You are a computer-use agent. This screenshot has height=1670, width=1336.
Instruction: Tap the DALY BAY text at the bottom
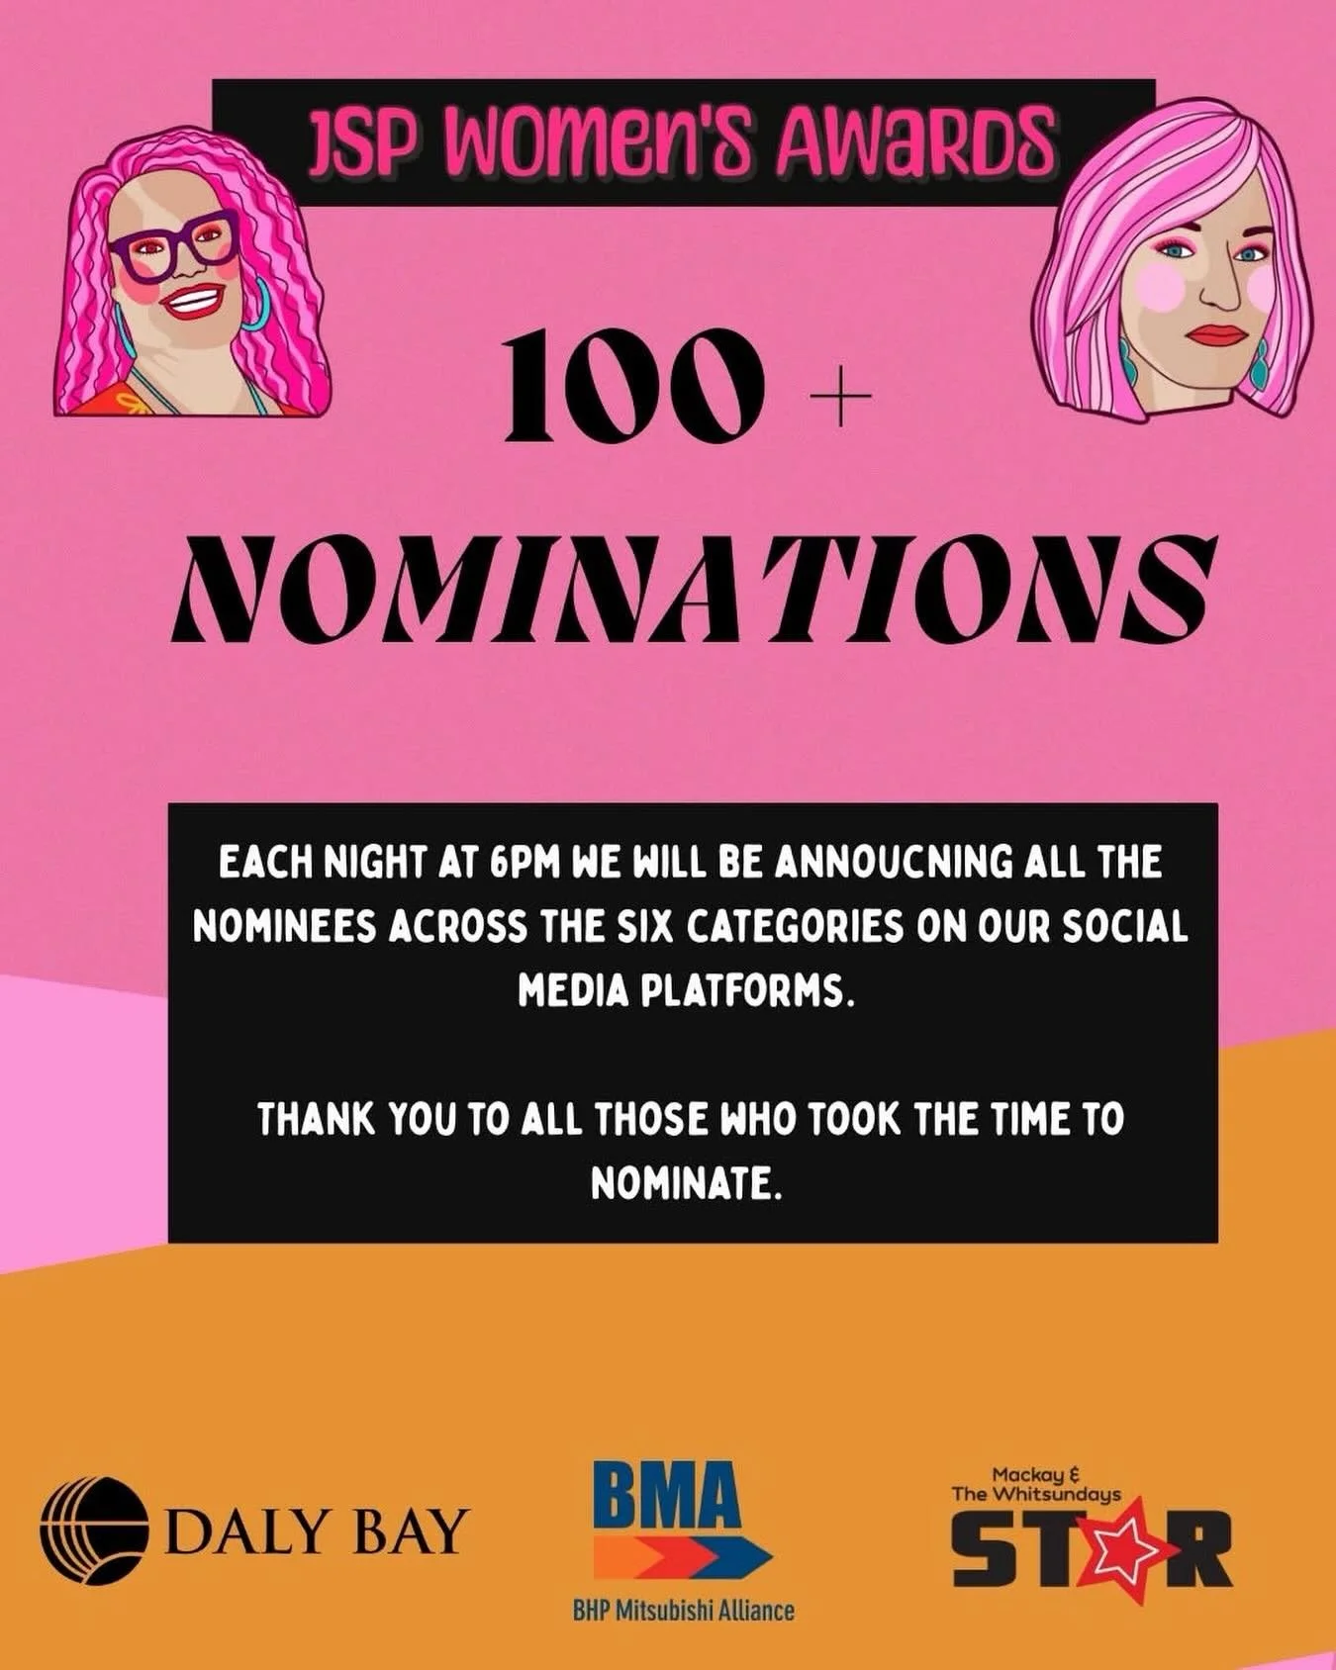coord(315,1532)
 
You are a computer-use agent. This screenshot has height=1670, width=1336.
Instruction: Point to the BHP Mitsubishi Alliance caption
coord(683,1611)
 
